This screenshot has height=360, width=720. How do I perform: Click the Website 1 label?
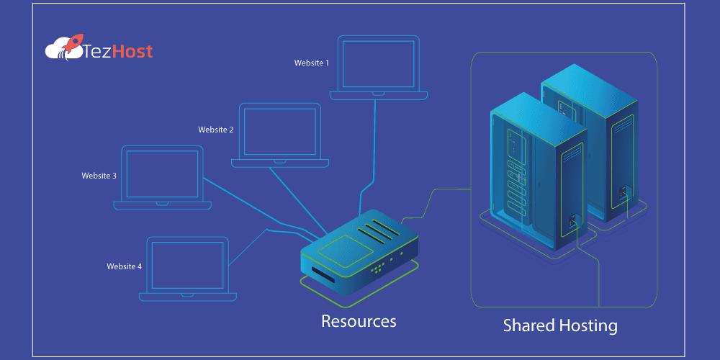tap(311, 63)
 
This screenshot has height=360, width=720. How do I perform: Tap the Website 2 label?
tap(215, 130)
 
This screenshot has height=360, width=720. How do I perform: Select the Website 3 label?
tap(99, 175)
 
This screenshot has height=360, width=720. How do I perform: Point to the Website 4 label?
tap(124, 266)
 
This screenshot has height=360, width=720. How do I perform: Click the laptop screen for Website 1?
tap(378, 63)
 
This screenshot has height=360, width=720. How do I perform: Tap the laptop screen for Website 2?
tap(280, 131)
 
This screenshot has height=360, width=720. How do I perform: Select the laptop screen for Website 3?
tap(162, 174)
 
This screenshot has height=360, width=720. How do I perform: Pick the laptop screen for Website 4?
tap(189, 264)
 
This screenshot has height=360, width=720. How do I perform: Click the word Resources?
tap(359, 320)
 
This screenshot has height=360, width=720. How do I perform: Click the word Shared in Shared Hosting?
tap(527, 325)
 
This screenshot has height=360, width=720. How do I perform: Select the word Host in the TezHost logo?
tap(131, 52)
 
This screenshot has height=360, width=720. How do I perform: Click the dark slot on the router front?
tap(322, 276)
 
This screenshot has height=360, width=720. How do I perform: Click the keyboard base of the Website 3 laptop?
tap(163, 205)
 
